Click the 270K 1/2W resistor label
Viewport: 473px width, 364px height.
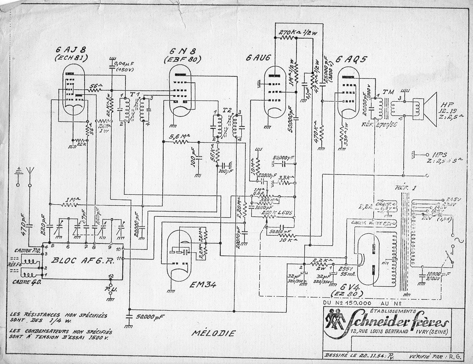click(298, 32)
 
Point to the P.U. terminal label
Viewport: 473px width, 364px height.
click(110, 290)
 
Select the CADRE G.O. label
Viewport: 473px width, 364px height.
click(26, 282)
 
